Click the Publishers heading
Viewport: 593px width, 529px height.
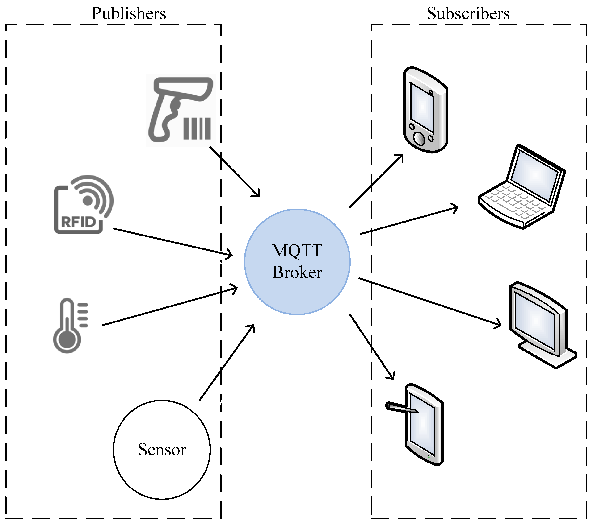click(128, 14)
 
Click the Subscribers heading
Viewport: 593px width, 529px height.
click(468, 14)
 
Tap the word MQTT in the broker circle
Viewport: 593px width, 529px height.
click(297, 251)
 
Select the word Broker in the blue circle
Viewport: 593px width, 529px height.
click(297, 272)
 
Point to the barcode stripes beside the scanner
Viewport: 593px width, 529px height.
click(197, 128)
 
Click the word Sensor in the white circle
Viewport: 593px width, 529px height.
click(162, 450)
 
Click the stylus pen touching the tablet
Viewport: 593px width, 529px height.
click(401, 408)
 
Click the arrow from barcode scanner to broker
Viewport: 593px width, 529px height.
click(234, 171)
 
